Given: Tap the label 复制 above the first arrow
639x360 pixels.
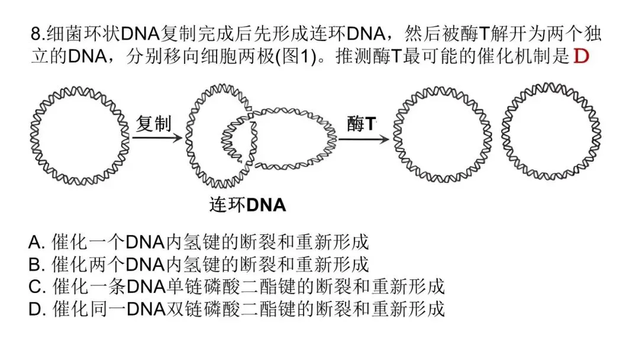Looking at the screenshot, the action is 153,124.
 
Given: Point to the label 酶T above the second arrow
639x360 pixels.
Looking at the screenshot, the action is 361,124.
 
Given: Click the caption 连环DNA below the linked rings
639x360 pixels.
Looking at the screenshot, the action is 247,205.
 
